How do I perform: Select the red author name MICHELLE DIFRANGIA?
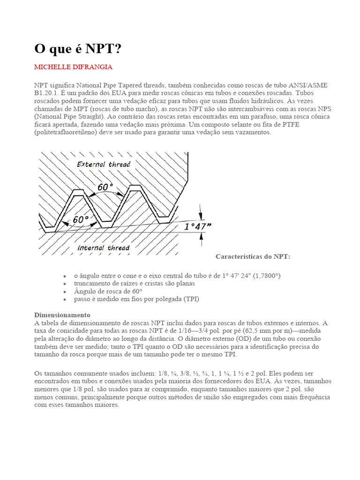[73, 67]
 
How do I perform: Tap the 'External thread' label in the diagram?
[104, 164]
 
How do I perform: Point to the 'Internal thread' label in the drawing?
[104, 247]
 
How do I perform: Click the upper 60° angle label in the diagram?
[105, 187]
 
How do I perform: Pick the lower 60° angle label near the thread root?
[81, 219]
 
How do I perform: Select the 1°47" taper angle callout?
[197, 226]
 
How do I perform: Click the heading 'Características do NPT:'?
[253, 256]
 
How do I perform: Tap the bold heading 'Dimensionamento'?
[62, 315]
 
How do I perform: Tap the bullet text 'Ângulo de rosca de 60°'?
[108, 291]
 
